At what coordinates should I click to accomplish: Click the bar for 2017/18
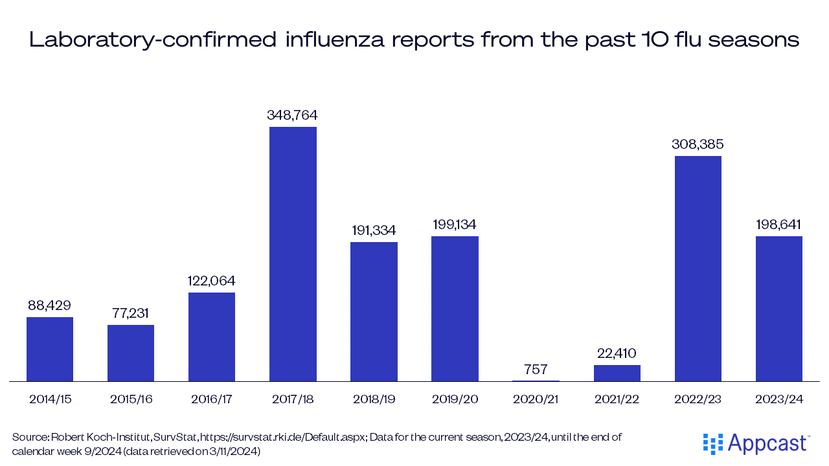pos(293,254)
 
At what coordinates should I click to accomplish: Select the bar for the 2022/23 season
pos(698,269)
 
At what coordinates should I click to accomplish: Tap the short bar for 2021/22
pos(617,373)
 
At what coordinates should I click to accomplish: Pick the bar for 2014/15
pos(50,349)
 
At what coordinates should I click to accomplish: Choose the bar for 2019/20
pos(455,309)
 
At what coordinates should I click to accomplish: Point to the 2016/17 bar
pos(212,337)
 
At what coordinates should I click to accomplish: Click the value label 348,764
pos(293,115)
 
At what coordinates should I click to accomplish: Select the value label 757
pos(536,370)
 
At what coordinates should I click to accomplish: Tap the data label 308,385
pos(698,144)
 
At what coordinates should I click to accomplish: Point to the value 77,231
pos(131,313)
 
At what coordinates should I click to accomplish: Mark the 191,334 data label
pos(374,230)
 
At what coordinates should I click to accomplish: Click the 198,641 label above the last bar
pos(778,225)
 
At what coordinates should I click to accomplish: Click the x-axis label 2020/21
pos(536,399)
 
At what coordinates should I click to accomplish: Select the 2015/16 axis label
pos(131,399)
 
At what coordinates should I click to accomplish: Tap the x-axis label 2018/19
pos(374,399)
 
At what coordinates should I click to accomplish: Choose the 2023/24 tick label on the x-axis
pos(778,399)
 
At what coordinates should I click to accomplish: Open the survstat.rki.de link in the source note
pos(278,438)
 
